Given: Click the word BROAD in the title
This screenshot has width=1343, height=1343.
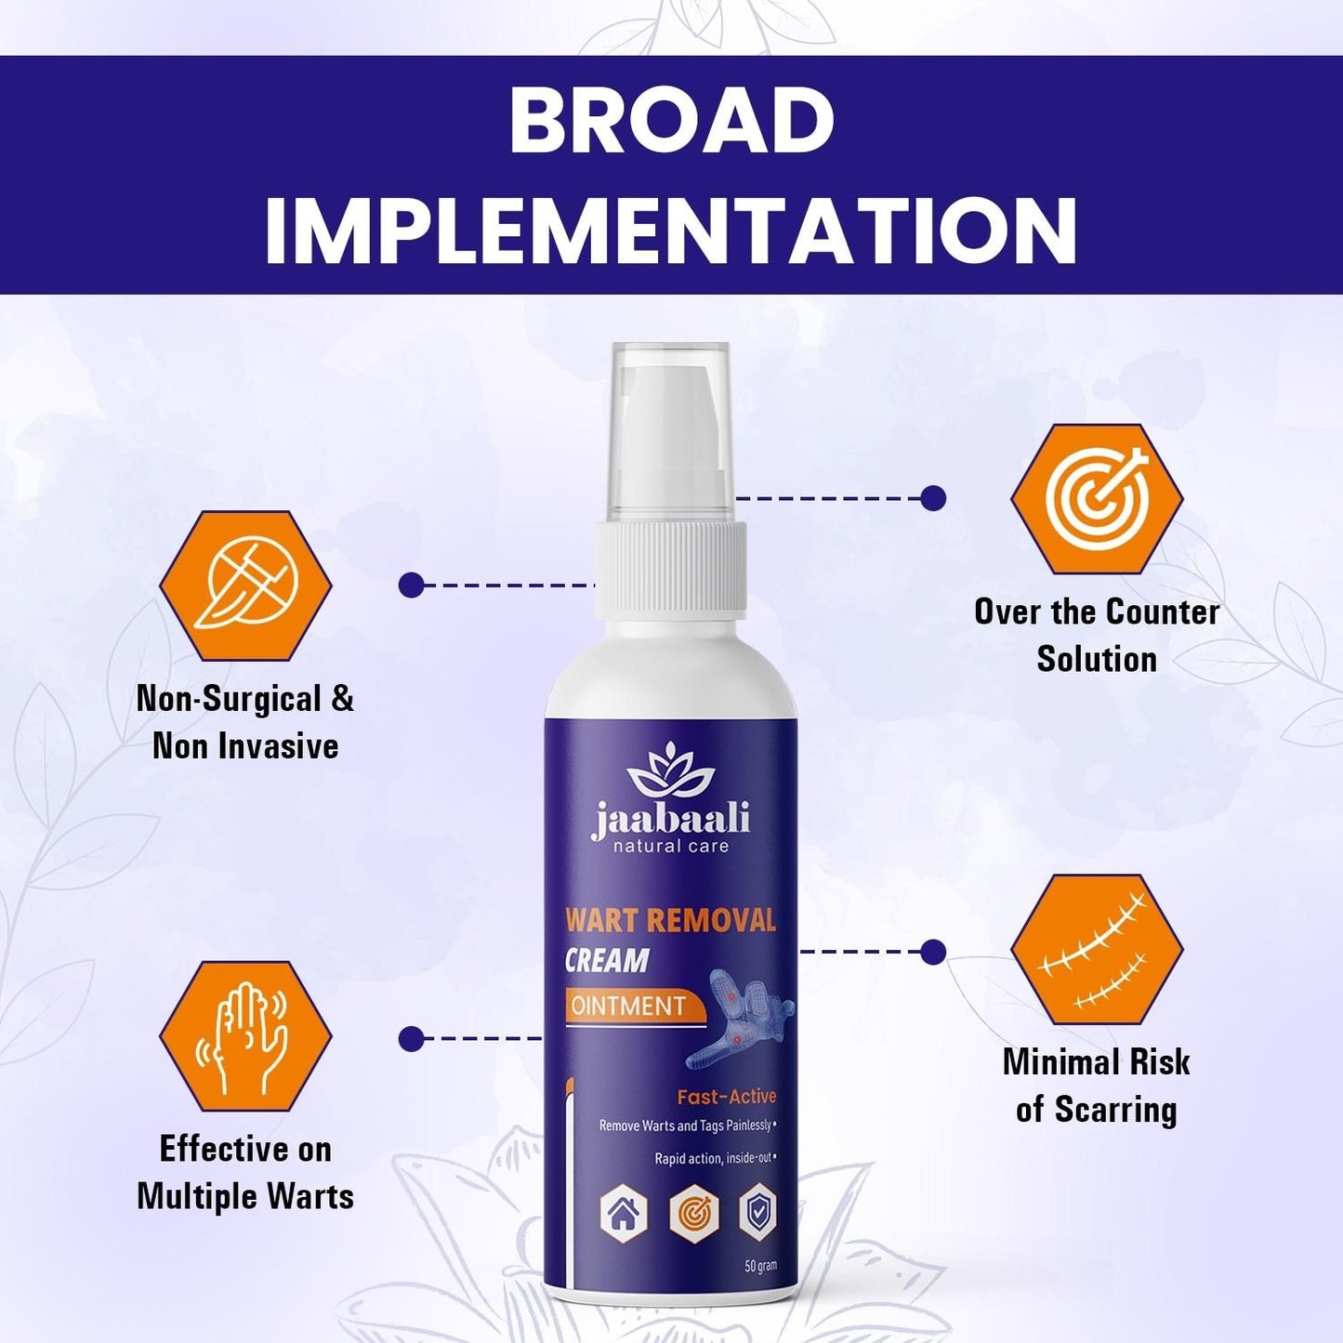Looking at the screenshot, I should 671,122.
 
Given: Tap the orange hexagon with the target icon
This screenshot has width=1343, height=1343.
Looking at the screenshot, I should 1097,499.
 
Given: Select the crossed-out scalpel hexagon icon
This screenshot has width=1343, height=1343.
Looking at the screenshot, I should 245,586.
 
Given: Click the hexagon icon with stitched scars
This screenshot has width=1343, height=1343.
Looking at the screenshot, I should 1097,951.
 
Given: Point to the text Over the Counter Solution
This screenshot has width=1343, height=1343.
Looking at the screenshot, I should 1097,636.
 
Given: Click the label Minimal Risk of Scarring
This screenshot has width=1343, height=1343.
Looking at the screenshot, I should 1097,1086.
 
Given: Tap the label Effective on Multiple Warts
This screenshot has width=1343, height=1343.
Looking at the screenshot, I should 245,1172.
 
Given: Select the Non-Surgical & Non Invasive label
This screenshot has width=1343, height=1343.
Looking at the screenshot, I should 245,722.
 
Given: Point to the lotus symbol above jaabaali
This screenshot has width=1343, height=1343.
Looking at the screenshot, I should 670,769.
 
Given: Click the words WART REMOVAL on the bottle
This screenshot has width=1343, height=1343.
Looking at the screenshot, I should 670,920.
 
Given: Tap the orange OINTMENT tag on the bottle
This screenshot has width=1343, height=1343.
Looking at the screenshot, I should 629,1006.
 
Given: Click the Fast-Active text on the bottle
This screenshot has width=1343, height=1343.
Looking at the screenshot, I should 726,1097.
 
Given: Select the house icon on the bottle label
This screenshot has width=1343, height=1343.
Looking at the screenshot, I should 624,1213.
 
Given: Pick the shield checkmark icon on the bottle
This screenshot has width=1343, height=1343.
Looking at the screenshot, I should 757,1212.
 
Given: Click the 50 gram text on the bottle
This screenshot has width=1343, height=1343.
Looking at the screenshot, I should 760,1266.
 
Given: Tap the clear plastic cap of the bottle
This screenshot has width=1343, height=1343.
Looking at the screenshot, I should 670,428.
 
